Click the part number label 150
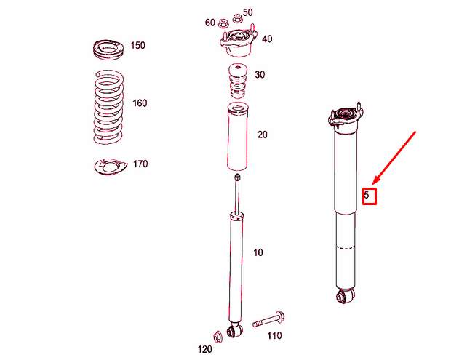(x=137, y=45)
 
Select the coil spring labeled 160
(x=109, y=107)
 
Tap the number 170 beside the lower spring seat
(x=140, y=164)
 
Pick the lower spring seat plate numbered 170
(x=111, y=167)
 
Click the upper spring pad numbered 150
(x=108, y=50)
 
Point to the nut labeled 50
(x=236, y=19)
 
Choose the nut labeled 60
(x=223, y=23)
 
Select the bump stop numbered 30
(x=238, y=81)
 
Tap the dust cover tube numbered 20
(x=238, y=137)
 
